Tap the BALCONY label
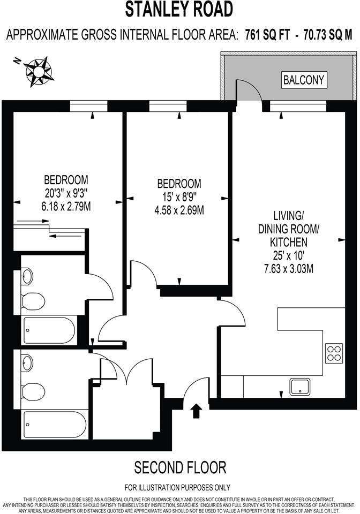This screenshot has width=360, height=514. [x=304, y=80]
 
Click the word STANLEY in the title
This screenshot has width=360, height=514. [x=153, y=9]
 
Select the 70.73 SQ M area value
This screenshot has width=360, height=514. [x=327, y=35]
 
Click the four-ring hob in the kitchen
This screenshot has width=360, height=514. [x=333, y=353]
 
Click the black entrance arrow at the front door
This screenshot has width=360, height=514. [x=196, y=410]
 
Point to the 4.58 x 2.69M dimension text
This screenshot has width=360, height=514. [x=178, y=209]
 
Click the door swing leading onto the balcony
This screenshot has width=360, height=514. [x=248, y=91]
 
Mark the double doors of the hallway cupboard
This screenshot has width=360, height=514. [x=126, y=371]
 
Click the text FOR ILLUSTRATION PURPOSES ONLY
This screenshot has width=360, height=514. [x=177, y=488]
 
